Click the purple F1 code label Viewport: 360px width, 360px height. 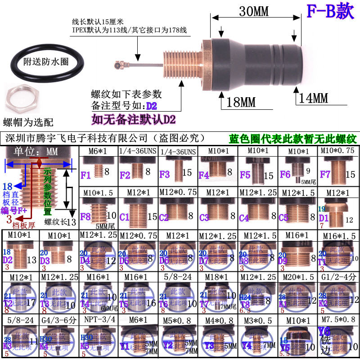coord(85,173)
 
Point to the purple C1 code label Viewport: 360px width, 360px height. coord(125,217)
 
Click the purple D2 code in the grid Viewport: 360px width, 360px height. coord(8,260)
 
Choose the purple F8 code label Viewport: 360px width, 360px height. coord(85,217)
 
